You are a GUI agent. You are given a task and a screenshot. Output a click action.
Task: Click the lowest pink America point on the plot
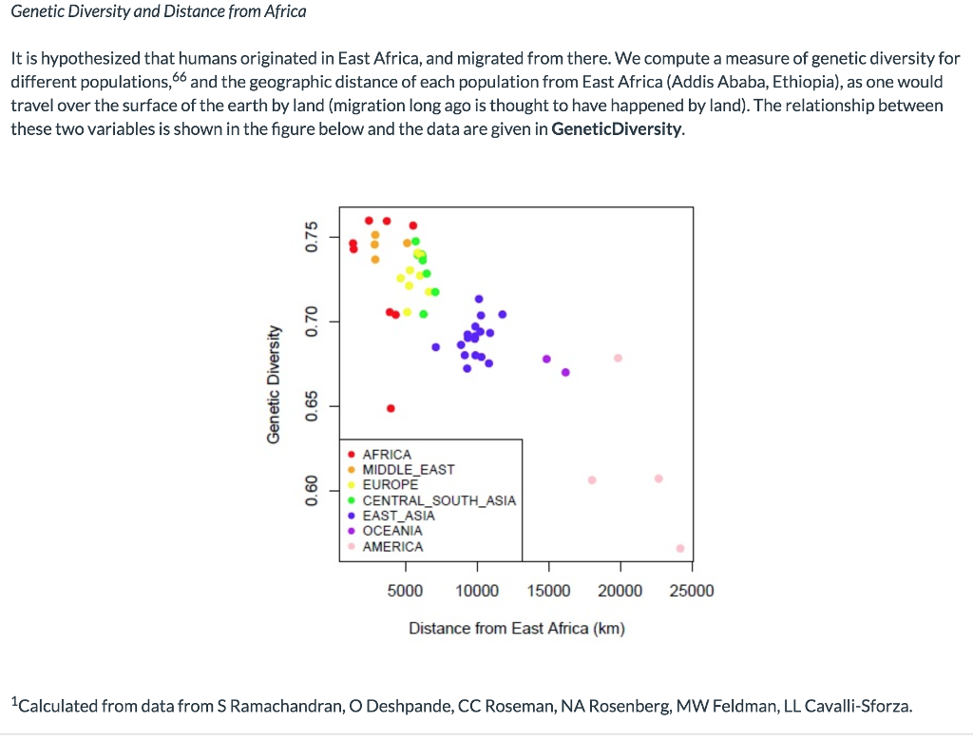click(679, 548)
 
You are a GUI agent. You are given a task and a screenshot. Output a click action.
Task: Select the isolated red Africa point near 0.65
click(391, 408)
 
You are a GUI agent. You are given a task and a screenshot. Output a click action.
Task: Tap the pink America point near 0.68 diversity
click(618, 358)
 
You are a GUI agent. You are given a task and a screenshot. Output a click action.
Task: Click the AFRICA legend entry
click(387, 455)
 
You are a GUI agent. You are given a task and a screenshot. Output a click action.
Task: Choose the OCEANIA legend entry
click(391, 531)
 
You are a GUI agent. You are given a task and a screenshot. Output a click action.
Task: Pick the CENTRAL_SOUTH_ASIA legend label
click(439, 500)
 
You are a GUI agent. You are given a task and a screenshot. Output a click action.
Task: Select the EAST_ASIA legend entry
click(398, 516)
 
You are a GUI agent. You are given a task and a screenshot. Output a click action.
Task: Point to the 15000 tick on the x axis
click(549, 591)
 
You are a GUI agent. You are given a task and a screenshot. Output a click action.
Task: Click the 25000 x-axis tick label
click(692, 591)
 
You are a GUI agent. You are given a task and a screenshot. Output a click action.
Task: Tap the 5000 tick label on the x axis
click(406, 591)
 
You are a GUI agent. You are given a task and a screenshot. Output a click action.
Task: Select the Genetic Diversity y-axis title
click(274, 383)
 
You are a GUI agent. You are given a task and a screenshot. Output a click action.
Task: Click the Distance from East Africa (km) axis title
click(516, 629)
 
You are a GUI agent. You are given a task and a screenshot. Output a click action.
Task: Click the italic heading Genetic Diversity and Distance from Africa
click(159, 11)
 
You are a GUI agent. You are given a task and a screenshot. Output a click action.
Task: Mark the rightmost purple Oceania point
click(565, 372)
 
